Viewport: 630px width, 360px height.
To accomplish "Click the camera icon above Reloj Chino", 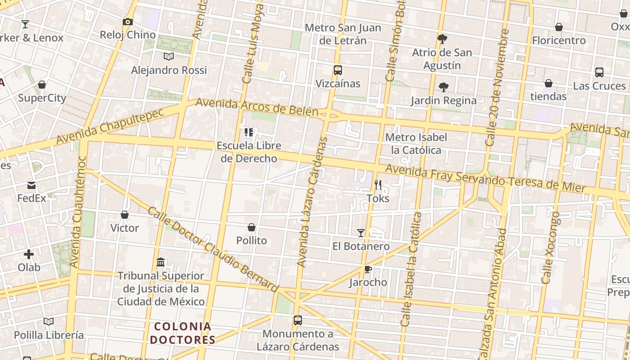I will click(128, 22).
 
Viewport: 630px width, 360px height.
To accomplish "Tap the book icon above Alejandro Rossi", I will click(169, 57).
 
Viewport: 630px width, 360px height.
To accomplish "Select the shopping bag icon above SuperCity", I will click(42, 85).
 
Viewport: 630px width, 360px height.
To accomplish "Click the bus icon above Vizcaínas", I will click(338, 70).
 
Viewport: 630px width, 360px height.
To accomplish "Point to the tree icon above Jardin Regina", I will click(444, 87).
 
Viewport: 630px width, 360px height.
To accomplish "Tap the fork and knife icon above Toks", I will click(378, 185).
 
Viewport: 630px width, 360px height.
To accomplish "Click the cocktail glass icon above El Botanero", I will click(361, 233).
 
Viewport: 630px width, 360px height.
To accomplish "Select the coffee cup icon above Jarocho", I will click(368, 269).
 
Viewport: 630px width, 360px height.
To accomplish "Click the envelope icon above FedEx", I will click(31, 185).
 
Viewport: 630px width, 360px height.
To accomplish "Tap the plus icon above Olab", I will click(29, 254).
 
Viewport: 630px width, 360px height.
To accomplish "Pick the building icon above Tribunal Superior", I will click(161, 262).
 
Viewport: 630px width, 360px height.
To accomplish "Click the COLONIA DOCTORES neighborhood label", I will click(183, 333).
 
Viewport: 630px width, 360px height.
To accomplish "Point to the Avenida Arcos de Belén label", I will click(257, 107).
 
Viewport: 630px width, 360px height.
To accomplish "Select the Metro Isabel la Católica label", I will click(416, 144).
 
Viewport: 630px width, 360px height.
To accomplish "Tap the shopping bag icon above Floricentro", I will click(559, 27).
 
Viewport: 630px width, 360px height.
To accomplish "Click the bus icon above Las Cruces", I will click(599, 72).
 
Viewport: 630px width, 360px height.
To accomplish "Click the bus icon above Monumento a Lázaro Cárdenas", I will click(298, 320).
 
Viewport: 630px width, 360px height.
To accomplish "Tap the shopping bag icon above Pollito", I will click(252, 227).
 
